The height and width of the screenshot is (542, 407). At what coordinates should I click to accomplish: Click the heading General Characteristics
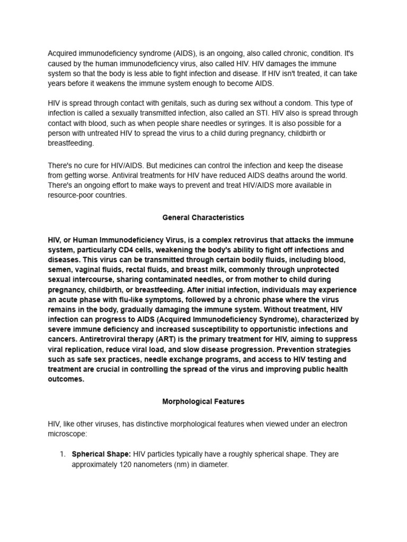[x=203, y=218]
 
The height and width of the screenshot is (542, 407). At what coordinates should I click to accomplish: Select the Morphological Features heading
[x=203, y=402]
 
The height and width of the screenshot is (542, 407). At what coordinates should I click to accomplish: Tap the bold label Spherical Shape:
[x=101, y=454]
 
